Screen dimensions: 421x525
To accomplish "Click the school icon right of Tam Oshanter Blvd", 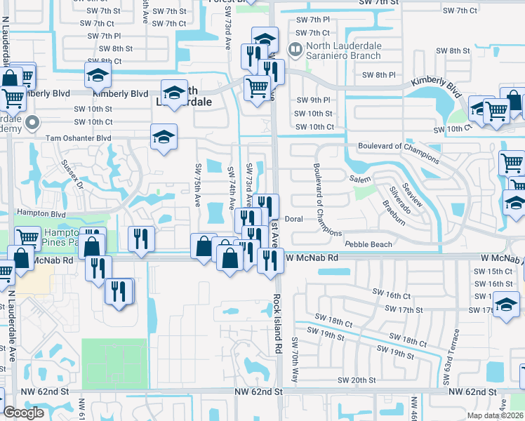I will tap(164, 137).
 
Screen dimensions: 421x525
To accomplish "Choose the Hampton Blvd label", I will tap(36, 214).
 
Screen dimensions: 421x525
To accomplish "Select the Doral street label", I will tap(293, 219).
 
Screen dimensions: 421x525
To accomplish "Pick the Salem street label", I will tap(359, 180).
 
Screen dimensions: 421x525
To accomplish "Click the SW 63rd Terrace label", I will tap(449, 356).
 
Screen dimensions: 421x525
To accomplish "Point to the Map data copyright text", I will tap(494, 415).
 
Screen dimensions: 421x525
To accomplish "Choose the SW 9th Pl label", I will tap(312, 100).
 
